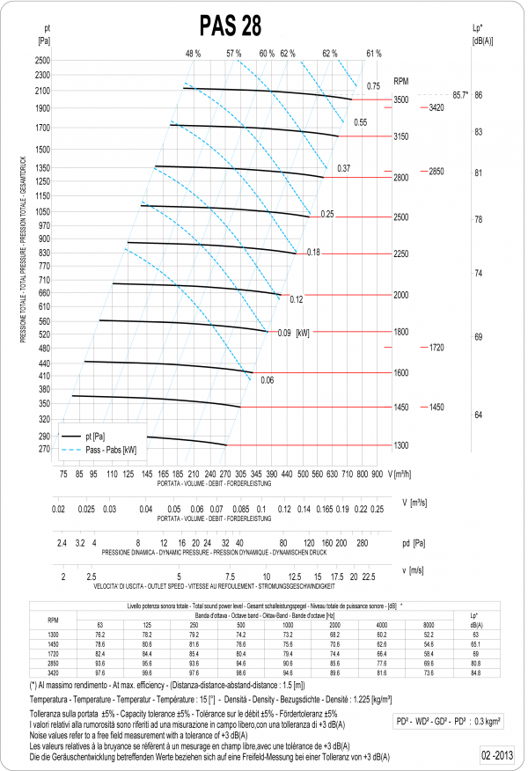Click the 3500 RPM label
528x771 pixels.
[401, 100]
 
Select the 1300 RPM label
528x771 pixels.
[401, 446]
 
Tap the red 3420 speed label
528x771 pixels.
[436, 107]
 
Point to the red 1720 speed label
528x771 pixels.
[436, 348]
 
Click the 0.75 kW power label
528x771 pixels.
[373, 86]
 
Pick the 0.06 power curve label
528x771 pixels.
[268, 380]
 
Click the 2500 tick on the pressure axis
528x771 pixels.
[43, 61]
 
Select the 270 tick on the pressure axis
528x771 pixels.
[45, 450]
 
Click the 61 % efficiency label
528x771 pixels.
[373, 54]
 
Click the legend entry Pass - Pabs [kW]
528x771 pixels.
[111, 451]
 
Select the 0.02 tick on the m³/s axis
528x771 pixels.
[59, 509]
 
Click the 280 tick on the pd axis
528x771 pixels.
[362, 543]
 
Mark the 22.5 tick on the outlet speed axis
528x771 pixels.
[369, 576]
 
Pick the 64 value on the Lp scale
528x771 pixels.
[478, 415]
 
